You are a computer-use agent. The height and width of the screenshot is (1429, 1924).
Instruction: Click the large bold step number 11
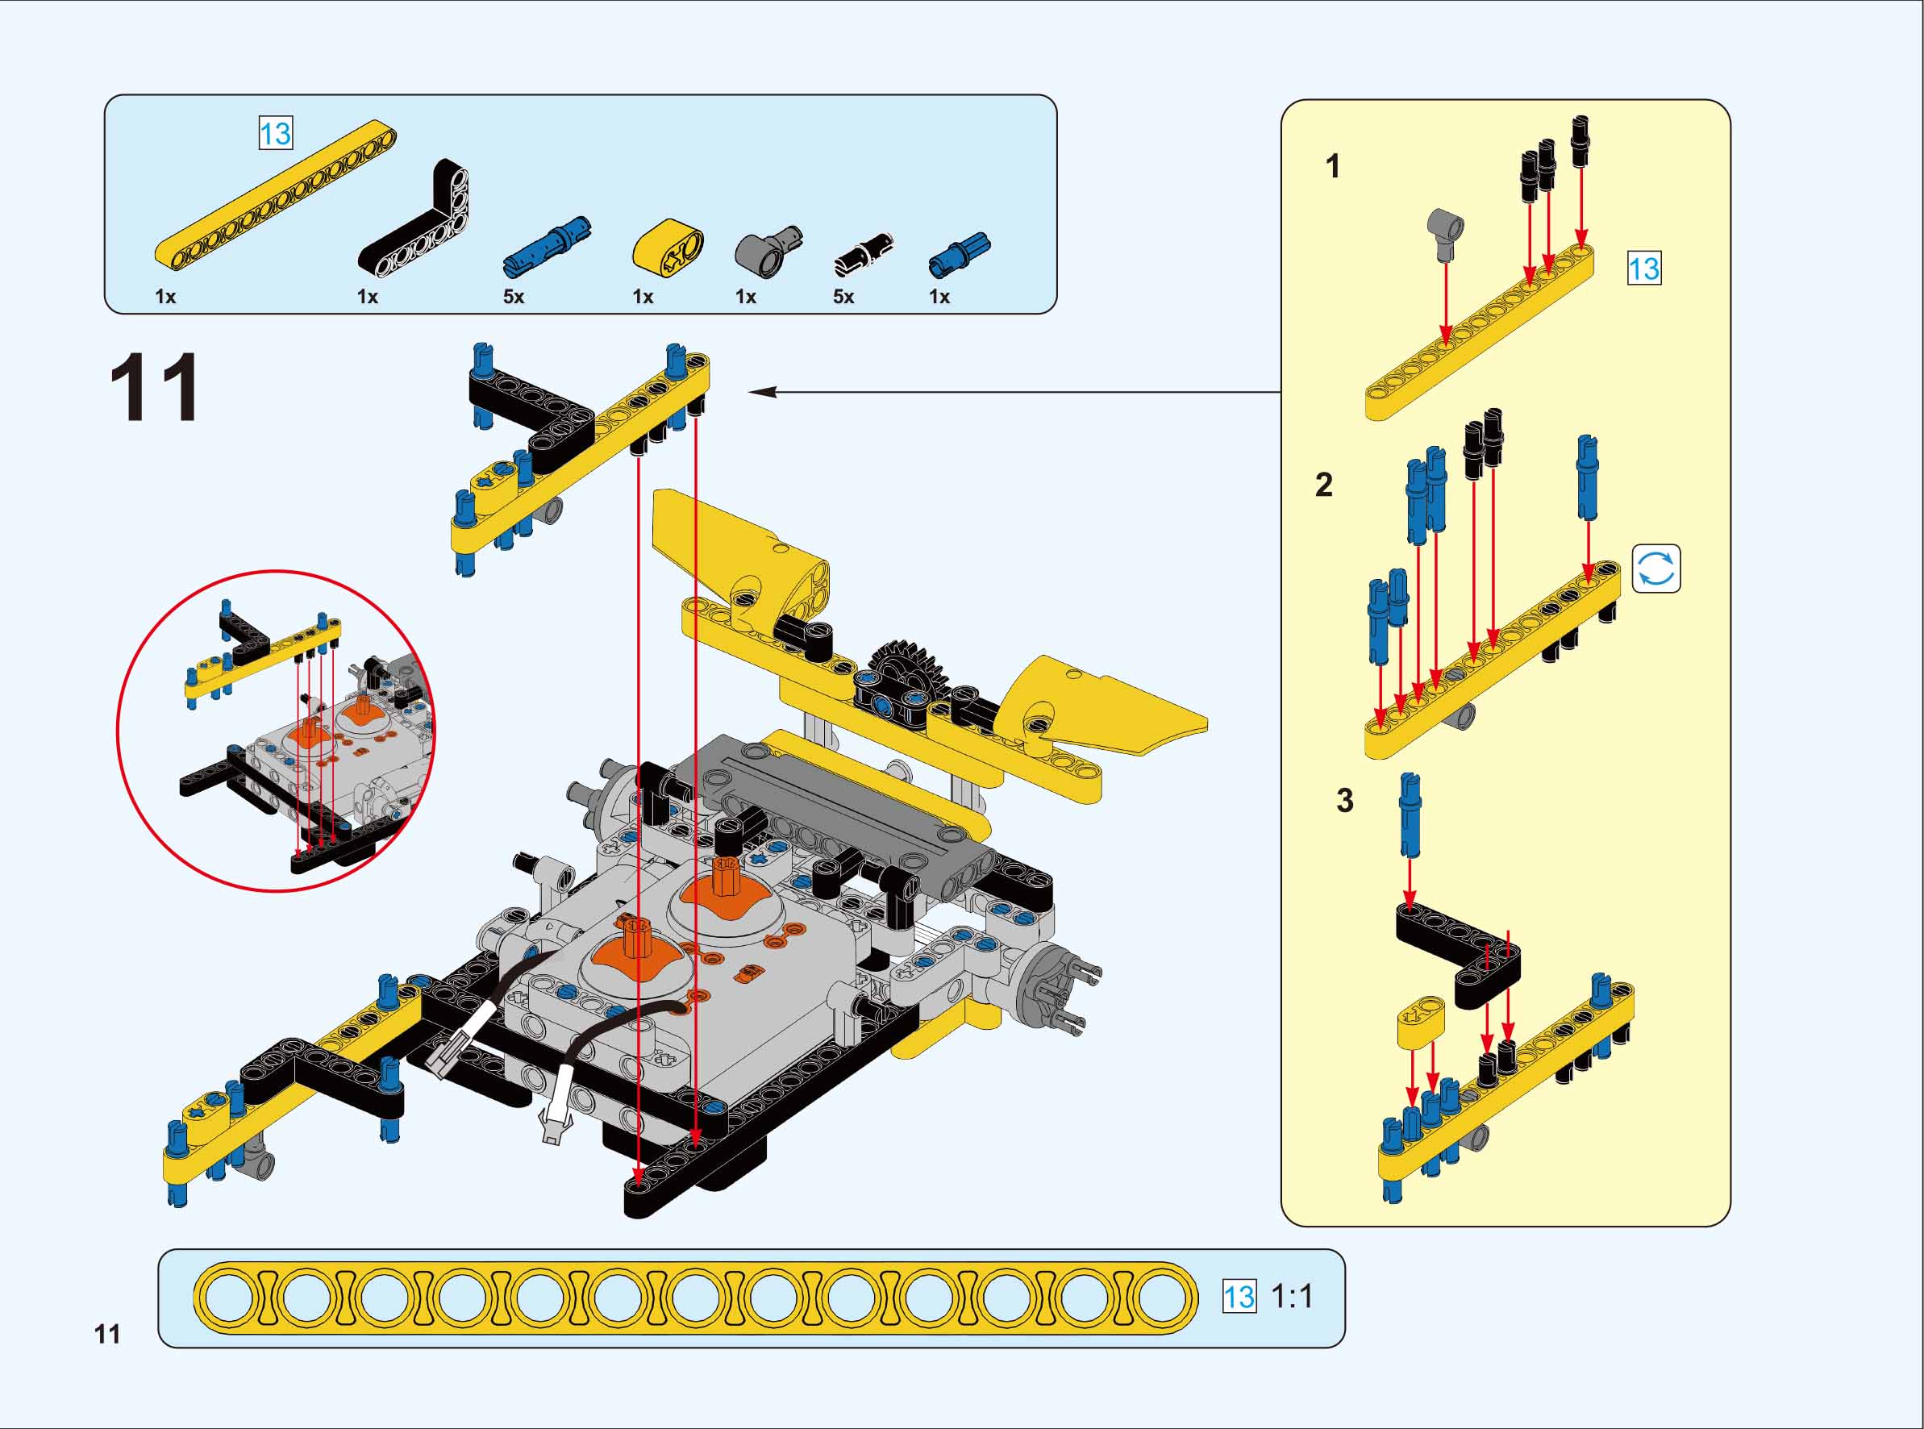pyautogui.click(x=155, y=389)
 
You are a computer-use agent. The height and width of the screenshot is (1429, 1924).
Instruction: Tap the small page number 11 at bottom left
pyautogui.click(x=107, y=1335)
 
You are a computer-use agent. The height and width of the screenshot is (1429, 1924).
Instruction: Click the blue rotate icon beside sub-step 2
pyautogui.click(x=1656, y=569)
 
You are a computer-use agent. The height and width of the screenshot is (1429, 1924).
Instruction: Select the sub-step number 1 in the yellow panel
pyautogui.click(x=1333, y=166)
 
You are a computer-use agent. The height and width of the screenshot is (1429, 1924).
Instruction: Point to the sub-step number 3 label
pyautogui.click(x=1345, y=800)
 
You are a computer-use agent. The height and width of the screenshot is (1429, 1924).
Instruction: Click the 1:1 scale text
pyautogui.click(x=1292, y=1297)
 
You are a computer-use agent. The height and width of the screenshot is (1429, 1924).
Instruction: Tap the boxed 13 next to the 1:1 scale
pyautogui.click(x=1239, y=1297)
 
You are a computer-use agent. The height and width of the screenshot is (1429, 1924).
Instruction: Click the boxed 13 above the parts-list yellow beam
pyautogui.click(x=276, y=133)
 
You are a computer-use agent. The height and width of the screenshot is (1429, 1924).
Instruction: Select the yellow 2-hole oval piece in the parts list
pyautogui.click(x=668, y=248)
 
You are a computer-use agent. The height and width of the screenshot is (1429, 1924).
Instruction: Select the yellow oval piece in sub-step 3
pyautogui.click(x=1421, y=1021)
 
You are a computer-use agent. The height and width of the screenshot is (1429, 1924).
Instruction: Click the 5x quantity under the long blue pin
pyautogui.click(x=514, y=297)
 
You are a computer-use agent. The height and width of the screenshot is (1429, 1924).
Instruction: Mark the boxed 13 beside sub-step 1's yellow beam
pyautogui.click(x=1644, y=269)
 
